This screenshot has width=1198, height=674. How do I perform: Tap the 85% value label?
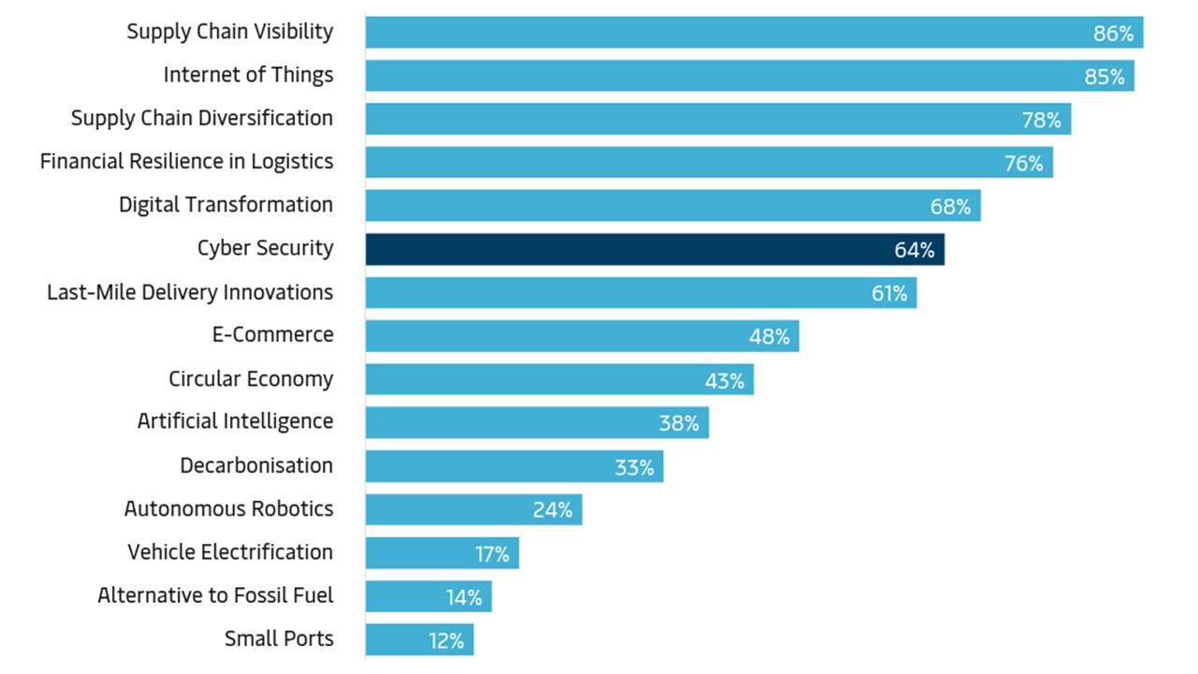point(1104,77)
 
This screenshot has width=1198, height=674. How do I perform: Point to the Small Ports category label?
point(279,639)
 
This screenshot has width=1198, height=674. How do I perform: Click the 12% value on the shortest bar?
point(445,641)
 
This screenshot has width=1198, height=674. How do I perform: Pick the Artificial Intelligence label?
point(235,422)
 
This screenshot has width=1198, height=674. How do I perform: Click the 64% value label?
point(913,251)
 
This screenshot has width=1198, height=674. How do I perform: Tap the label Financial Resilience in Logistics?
point(186,162)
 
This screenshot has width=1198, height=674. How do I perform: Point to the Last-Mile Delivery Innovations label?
point(190,293)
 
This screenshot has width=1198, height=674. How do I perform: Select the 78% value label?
point(1041,120)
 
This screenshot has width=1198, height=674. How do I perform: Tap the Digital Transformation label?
point(226,205)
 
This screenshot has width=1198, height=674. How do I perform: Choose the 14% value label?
point(463,597)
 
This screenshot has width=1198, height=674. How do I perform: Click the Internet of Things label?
point(248,75)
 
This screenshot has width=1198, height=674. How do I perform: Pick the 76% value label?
point(1023,164)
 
